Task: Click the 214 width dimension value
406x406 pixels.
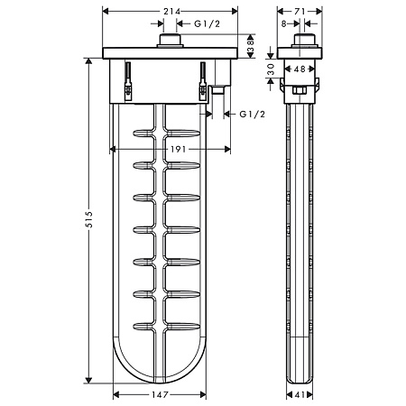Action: click(171, 12)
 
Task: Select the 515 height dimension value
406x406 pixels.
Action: click(89, 219)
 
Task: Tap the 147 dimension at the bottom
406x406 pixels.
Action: click(160, 394)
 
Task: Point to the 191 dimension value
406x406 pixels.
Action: click(179, 149)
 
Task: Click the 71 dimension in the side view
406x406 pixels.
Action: click(300, 12)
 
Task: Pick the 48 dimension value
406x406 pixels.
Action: click(300, 69)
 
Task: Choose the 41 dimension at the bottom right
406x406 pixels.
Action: click(300, 394)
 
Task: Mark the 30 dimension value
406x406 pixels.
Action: click(271, 69)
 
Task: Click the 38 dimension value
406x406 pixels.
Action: click(251, 46)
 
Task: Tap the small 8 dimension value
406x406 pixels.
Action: click(284, 23)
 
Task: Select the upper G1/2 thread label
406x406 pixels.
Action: click(208, 23)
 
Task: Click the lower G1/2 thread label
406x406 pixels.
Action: click(253, 115)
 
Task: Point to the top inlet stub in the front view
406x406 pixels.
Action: click(170, 41)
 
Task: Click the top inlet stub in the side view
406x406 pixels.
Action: click(304, 41)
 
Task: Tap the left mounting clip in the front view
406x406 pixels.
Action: click(128, 81)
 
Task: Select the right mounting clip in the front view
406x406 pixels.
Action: click(203, 81)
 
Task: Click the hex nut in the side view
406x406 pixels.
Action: click(299, 90)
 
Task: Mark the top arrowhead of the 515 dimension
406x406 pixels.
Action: click(88, 61)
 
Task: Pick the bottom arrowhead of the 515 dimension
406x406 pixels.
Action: click(88, 381)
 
